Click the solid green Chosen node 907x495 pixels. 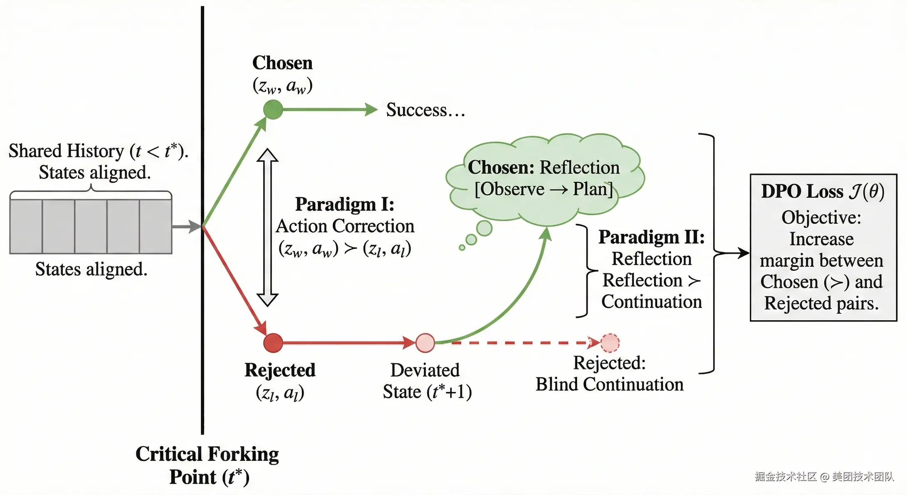click(273, 109)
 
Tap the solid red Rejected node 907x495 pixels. click(273, 343)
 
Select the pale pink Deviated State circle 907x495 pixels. click(425, 343)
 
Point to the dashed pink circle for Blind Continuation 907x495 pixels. click(610, 343)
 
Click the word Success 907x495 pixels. click(416, 110)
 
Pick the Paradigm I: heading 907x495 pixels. click(345, 204)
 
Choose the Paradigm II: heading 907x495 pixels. click(652, 237)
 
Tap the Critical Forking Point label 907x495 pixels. click(207, 465)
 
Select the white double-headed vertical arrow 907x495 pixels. click(267, 227)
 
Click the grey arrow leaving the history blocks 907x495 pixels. click(186, 227)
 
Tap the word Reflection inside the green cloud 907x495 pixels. click(580, 167)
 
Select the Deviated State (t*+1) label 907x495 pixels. click(427, 381)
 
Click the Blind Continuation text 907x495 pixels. click(610, 384)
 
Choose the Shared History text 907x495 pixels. click(66, 151)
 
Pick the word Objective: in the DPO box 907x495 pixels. click(821, 218)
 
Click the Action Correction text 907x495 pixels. click(345, 226)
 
